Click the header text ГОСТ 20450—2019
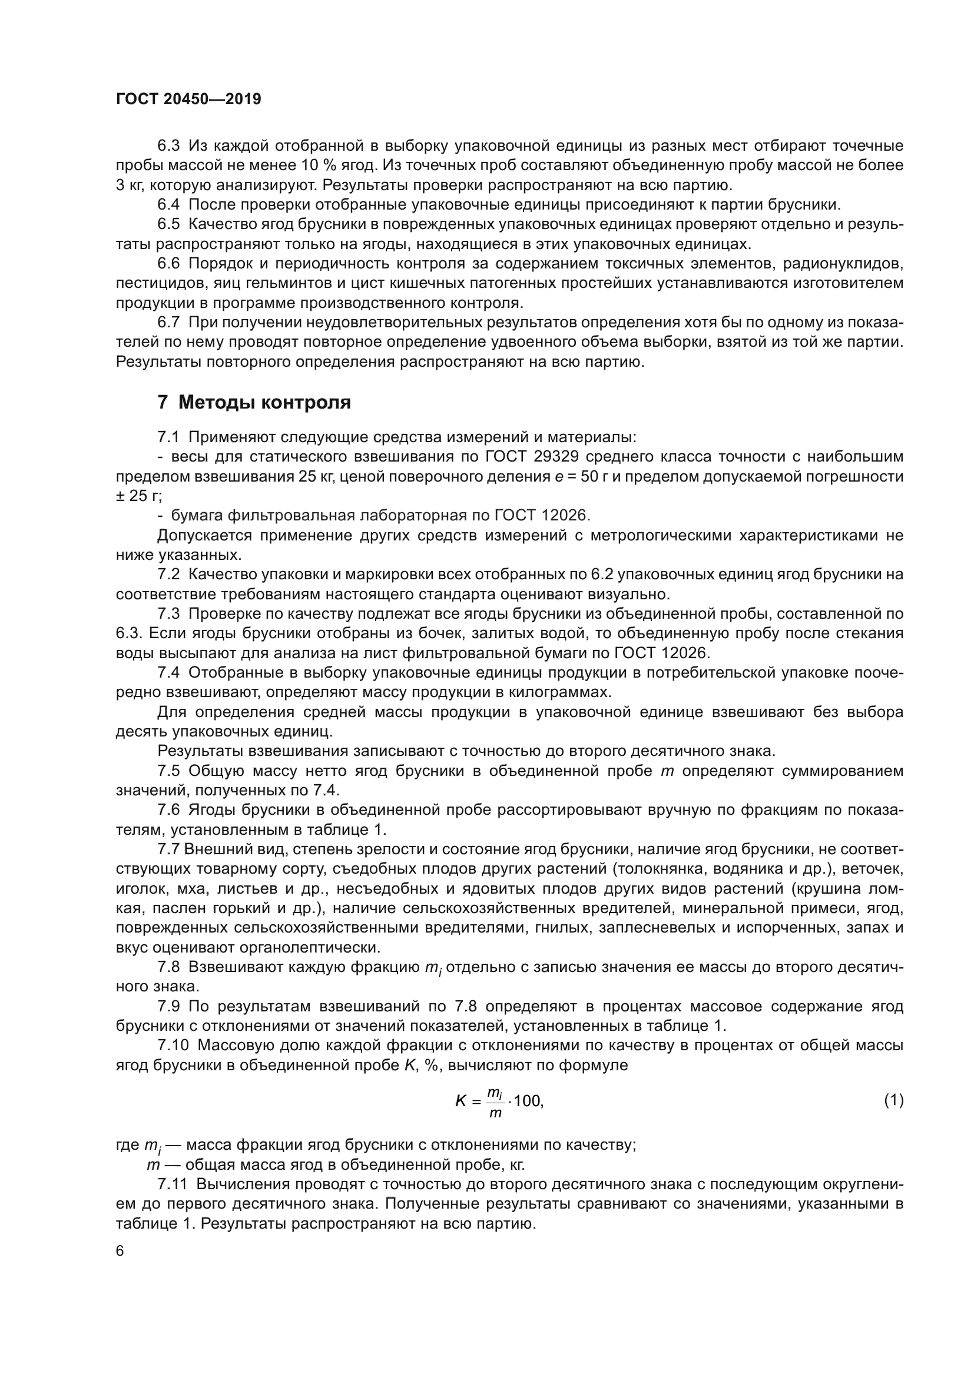(188, 99)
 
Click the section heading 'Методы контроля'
(264, 403)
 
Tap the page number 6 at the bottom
(120, 1250)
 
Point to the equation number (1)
(894, 1100)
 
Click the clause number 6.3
(168, 146)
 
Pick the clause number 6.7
(168, 323)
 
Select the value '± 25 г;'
(139, 496)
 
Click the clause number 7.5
(168, 771)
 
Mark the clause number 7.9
(168, 1006)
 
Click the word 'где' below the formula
(127, 1145)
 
